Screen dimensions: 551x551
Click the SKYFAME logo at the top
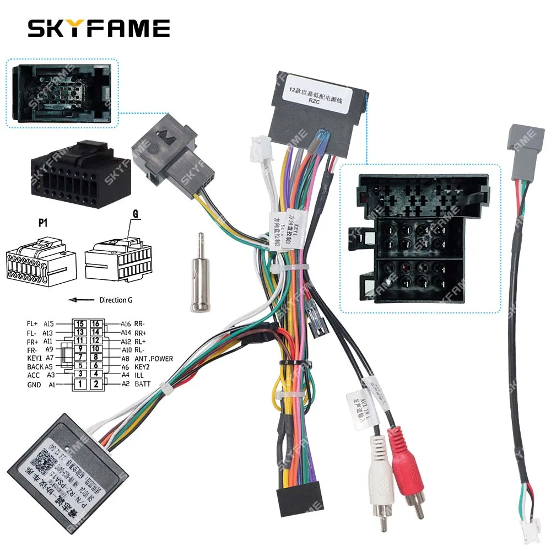pos(99,28)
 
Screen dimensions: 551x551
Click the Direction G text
pos(116,300)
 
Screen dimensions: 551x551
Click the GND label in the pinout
pos(34,385)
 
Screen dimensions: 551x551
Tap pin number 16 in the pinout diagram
pos(96,324)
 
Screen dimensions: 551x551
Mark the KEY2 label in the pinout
pos(143,367)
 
